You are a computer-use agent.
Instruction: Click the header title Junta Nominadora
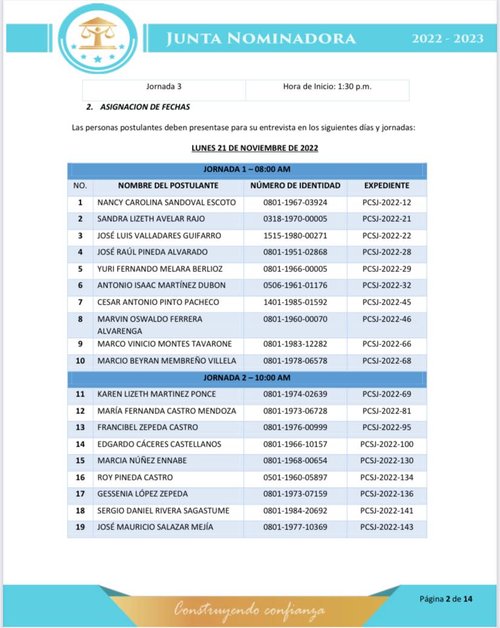coord(261,39)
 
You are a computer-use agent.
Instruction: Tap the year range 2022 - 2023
coord(447,39)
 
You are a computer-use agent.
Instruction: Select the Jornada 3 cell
coord(164,86)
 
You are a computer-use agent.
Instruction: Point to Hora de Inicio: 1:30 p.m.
coord(327,86)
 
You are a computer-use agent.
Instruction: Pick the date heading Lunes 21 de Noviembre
coord(255,148)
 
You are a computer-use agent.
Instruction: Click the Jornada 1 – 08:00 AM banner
coord(247,169)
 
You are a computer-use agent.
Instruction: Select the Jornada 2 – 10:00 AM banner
coord(247,378)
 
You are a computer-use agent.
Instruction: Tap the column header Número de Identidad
coord(295,186)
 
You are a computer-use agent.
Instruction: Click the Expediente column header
coord(386,186)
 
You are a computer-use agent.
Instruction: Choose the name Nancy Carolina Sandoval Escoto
coord(167,202)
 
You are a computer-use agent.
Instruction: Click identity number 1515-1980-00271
coord(295,236)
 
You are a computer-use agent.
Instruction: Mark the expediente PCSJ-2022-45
coord(386,302)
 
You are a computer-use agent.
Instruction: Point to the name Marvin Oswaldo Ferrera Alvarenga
coord(150,325)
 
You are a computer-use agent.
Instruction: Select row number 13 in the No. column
coord(80,428)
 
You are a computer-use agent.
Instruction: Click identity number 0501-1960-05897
coord(295,477)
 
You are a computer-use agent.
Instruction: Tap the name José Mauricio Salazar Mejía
coord(155,527)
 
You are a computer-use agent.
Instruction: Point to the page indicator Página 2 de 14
coord(446,599)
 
